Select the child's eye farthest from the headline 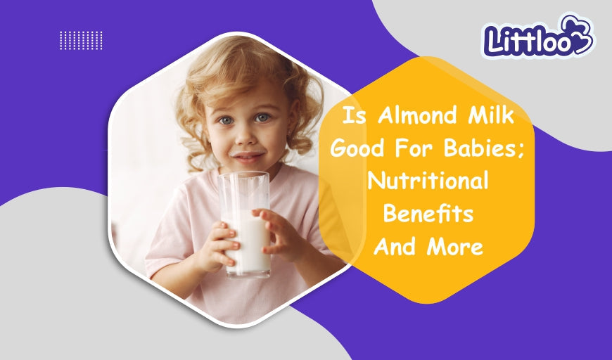pyautogui.click(x=226, y=121)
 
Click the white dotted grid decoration pyautogui.click(x=81, y=40)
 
